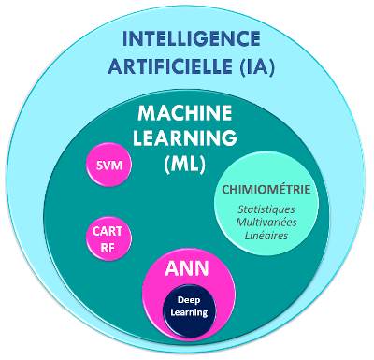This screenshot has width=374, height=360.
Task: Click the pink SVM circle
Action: click(109, 166)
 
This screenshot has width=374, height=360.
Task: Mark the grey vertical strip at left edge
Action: click(31, 187)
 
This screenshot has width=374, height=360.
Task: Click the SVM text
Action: click(109, 166)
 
